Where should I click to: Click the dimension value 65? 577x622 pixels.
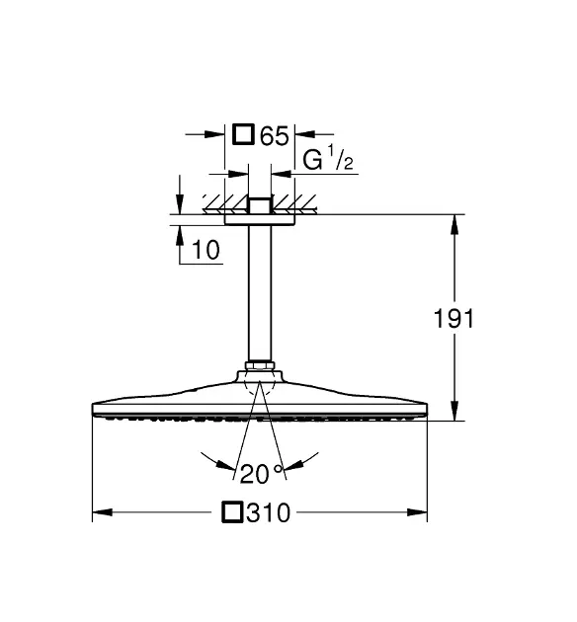274,135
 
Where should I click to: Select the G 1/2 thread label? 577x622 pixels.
328,159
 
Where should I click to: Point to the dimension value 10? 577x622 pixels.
206,250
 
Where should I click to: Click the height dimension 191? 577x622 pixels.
453,318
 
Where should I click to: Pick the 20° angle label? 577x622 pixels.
262,474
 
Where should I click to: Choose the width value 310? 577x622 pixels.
269,512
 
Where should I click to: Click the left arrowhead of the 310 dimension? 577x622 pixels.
103,512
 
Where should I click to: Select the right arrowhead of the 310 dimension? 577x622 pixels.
417,512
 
